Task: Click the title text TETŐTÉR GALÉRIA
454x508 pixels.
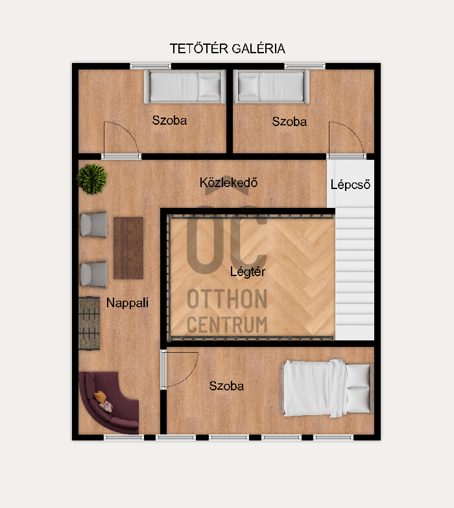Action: tap(227, 49)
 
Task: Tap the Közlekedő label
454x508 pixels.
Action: tap(228, 183)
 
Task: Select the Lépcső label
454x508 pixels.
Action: tap(350, 184)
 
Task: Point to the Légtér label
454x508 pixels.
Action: tap(248, 272)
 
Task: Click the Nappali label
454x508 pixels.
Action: tap(127, 303)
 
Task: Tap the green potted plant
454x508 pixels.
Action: tap(91, 179)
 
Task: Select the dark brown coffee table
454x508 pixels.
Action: tap(128, 248)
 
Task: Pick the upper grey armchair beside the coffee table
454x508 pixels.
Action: tap(94, 225)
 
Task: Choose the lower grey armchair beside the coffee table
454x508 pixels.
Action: tap(94, 274)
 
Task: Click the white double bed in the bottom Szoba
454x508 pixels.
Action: tap(328, 388)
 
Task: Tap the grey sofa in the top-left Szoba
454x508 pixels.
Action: tap(185, 86)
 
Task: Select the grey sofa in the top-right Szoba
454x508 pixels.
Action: tap(271, 86)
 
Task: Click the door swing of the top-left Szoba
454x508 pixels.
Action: tap(128, 131)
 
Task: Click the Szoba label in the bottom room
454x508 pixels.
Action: tap(226, 386)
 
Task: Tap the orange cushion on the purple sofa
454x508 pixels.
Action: tap(101, 396)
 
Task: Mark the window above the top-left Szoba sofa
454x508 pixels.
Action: tap(150, 66)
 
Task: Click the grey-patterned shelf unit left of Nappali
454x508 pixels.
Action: tap(89, 323)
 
